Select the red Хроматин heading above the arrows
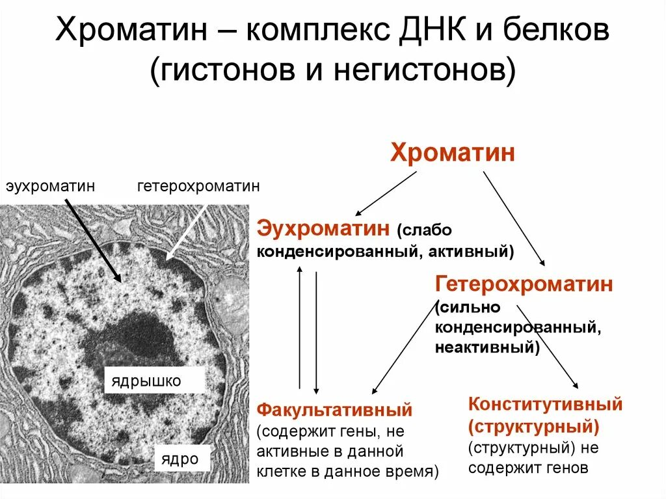(x=453, y=154)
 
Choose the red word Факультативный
(x=335, y=410)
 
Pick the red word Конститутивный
(x=545, y=404)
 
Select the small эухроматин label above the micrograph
(x=51, y=187)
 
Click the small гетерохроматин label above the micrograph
(x=198, y=187)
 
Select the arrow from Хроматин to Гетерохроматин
(x=514, y=217)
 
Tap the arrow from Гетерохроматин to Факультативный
(x=404, y=348)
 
